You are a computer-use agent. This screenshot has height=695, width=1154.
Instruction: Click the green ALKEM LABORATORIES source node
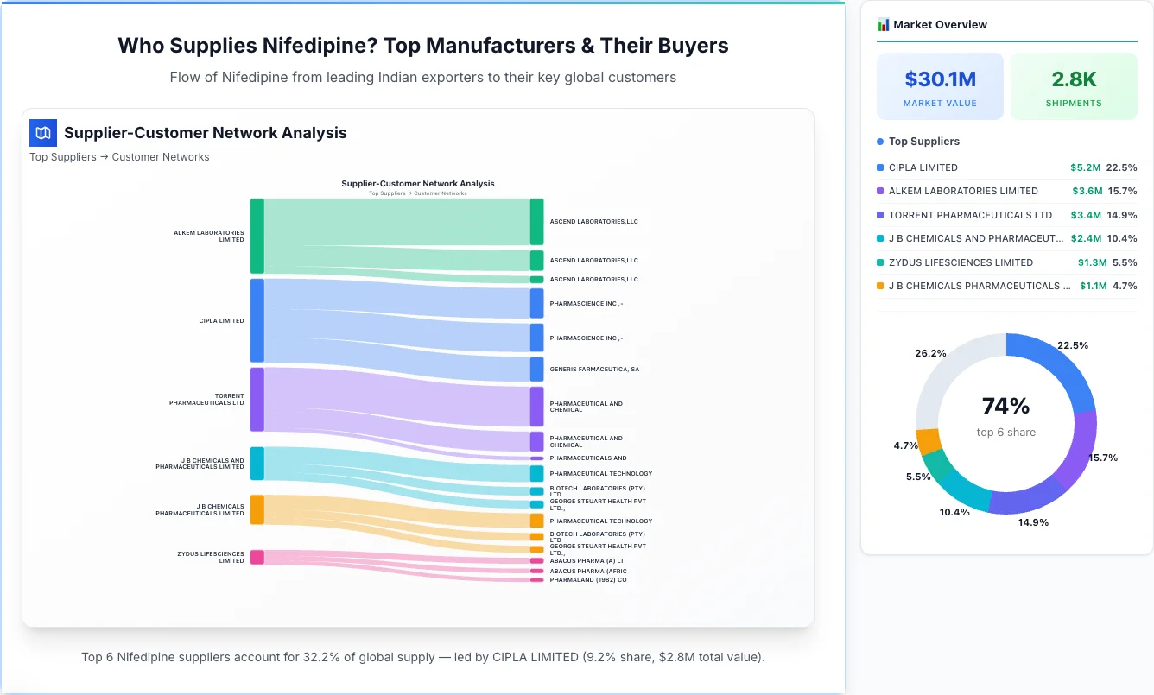pyautogui.click(x=257, y=236)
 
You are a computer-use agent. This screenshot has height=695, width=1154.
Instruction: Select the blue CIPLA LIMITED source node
pyautogui.click(x=257, y=320)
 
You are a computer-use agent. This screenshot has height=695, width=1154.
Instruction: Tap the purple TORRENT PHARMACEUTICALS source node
pyautogui.click(x=257, y=399)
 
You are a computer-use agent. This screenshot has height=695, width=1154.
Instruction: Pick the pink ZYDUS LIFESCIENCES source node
pyautogui.click(x=257, y=557)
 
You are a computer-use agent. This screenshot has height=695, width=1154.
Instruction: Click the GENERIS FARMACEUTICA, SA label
pyautogui.click(x=594, y=370)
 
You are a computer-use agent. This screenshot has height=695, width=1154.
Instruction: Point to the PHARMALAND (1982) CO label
pyautogui.click(x=587, y=580)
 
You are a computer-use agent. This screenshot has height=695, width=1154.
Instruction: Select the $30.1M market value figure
pyautogui.click(x=940, y=79)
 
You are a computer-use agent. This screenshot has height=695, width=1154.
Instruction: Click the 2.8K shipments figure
pyautogui.click(x=1074, y=79)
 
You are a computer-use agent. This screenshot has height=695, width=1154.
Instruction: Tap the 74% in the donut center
pyautogui.click(x=1005, y=406)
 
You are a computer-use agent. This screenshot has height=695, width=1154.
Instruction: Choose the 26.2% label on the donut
pyautogui.click(x=930, y=353)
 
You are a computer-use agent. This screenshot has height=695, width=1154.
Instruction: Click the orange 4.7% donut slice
pyautogui.click(x=929, y=441)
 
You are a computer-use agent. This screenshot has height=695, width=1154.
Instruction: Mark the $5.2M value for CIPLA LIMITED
pyautogui.click(x=1085, y=167)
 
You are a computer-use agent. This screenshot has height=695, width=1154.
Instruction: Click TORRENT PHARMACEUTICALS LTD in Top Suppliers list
pyautogui.click(x=970, y=215)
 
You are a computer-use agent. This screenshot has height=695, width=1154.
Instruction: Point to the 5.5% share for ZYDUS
pyautogui.click(x=1124, y=262)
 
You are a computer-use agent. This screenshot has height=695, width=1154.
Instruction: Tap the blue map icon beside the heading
pyautogui.click(x=42, y=133)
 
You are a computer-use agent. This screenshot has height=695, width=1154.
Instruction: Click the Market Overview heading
pyautogui.click(x=940, y=25)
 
